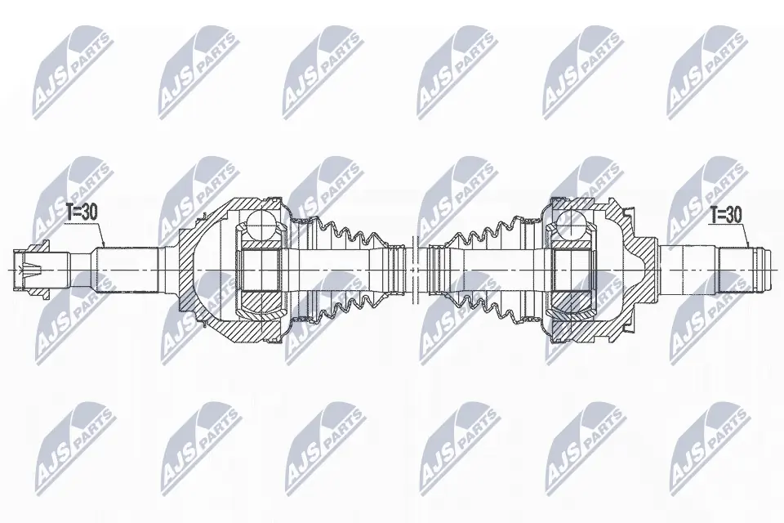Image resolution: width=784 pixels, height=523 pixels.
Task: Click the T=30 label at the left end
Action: click(82, 212)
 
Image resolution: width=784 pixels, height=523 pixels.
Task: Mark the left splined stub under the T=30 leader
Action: click(127, 270)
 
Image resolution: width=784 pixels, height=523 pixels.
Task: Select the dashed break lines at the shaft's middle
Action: click(413, 270)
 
